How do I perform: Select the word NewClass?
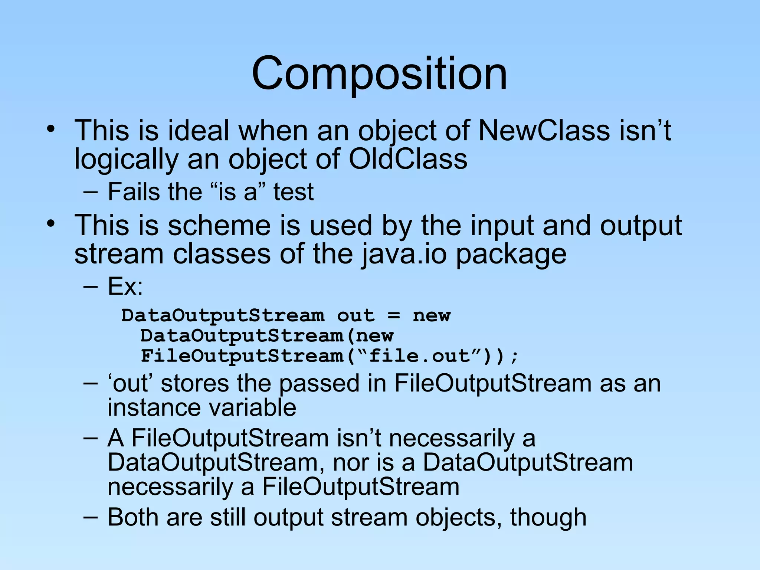[544, 131]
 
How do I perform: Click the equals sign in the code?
[394, 316]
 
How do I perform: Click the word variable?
[253, 407]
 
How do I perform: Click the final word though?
[548, 517]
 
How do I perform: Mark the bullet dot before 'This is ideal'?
[51, 130]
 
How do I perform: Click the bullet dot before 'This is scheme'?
[51, 224]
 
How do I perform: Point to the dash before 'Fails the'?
[90, 192]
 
